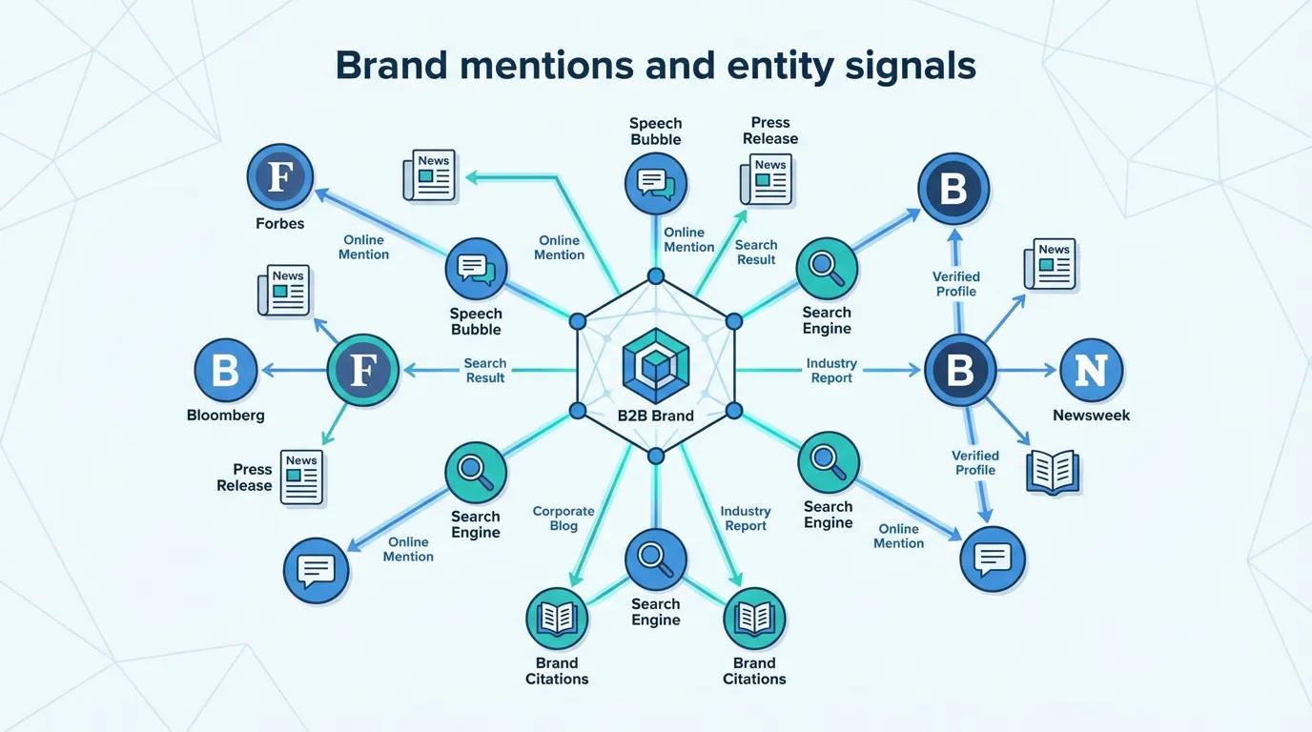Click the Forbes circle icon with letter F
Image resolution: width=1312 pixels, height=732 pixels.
pos(279,177)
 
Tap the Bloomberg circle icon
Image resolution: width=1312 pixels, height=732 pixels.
pos(226,371)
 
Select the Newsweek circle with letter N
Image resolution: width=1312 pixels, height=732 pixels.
pos(1091,371)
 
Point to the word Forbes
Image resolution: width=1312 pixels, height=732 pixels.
pos(279,224)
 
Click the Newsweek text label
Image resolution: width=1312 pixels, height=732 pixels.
pos(1091,416)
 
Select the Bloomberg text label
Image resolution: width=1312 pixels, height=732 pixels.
pos(226,416)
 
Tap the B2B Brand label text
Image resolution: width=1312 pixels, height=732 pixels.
pos(655,416)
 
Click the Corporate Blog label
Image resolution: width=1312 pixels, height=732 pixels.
pos(563,518)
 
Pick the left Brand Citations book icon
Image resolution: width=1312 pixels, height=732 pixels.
pos(557,619)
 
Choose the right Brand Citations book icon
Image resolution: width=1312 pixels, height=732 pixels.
pos(754,619)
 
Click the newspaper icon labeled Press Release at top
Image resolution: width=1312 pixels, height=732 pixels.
pos(766,179)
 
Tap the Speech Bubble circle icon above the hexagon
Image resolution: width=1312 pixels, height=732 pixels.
pos(655,182)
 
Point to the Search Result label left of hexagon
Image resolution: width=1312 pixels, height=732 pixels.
pos(484,371)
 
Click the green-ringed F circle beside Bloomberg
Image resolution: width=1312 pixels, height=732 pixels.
pos(362,371)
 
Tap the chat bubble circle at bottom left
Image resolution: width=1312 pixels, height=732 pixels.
pos(316,571)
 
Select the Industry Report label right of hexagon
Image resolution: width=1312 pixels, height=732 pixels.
pos(831,371)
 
